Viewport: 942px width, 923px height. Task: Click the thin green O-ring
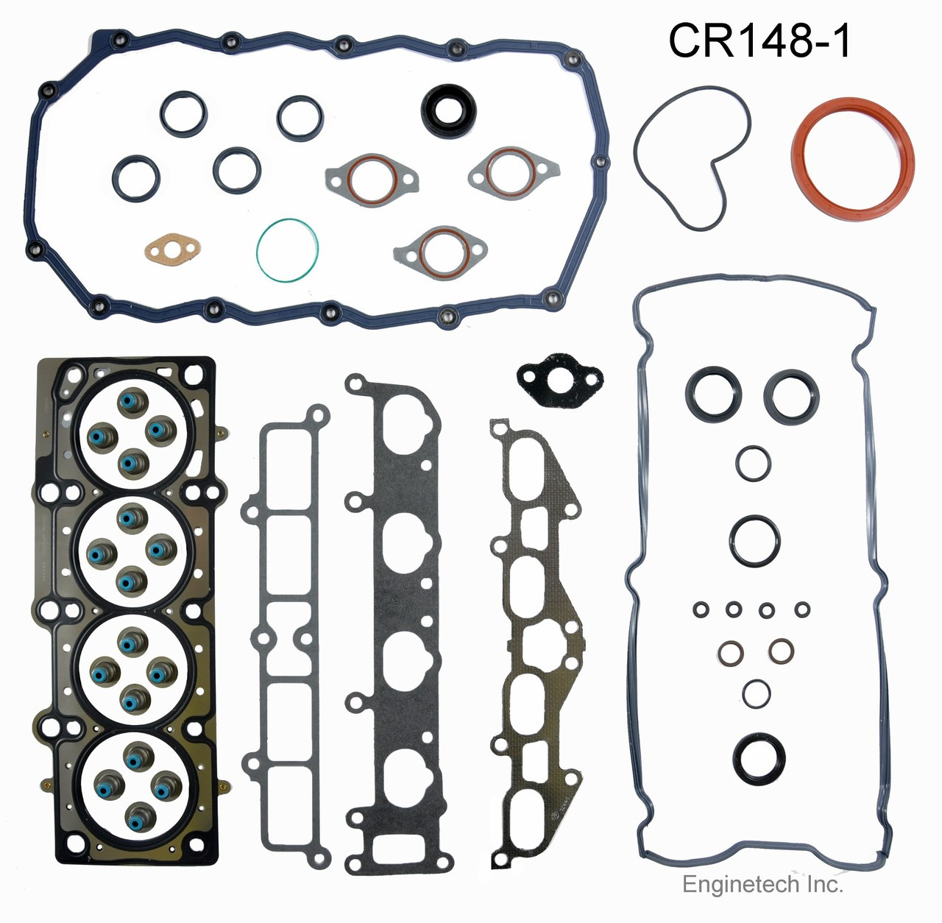288,250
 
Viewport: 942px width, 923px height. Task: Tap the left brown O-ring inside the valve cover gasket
731,652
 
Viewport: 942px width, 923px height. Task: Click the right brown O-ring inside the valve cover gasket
781,650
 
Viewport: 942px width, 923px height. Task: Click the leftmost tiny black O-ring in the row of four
701,609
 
